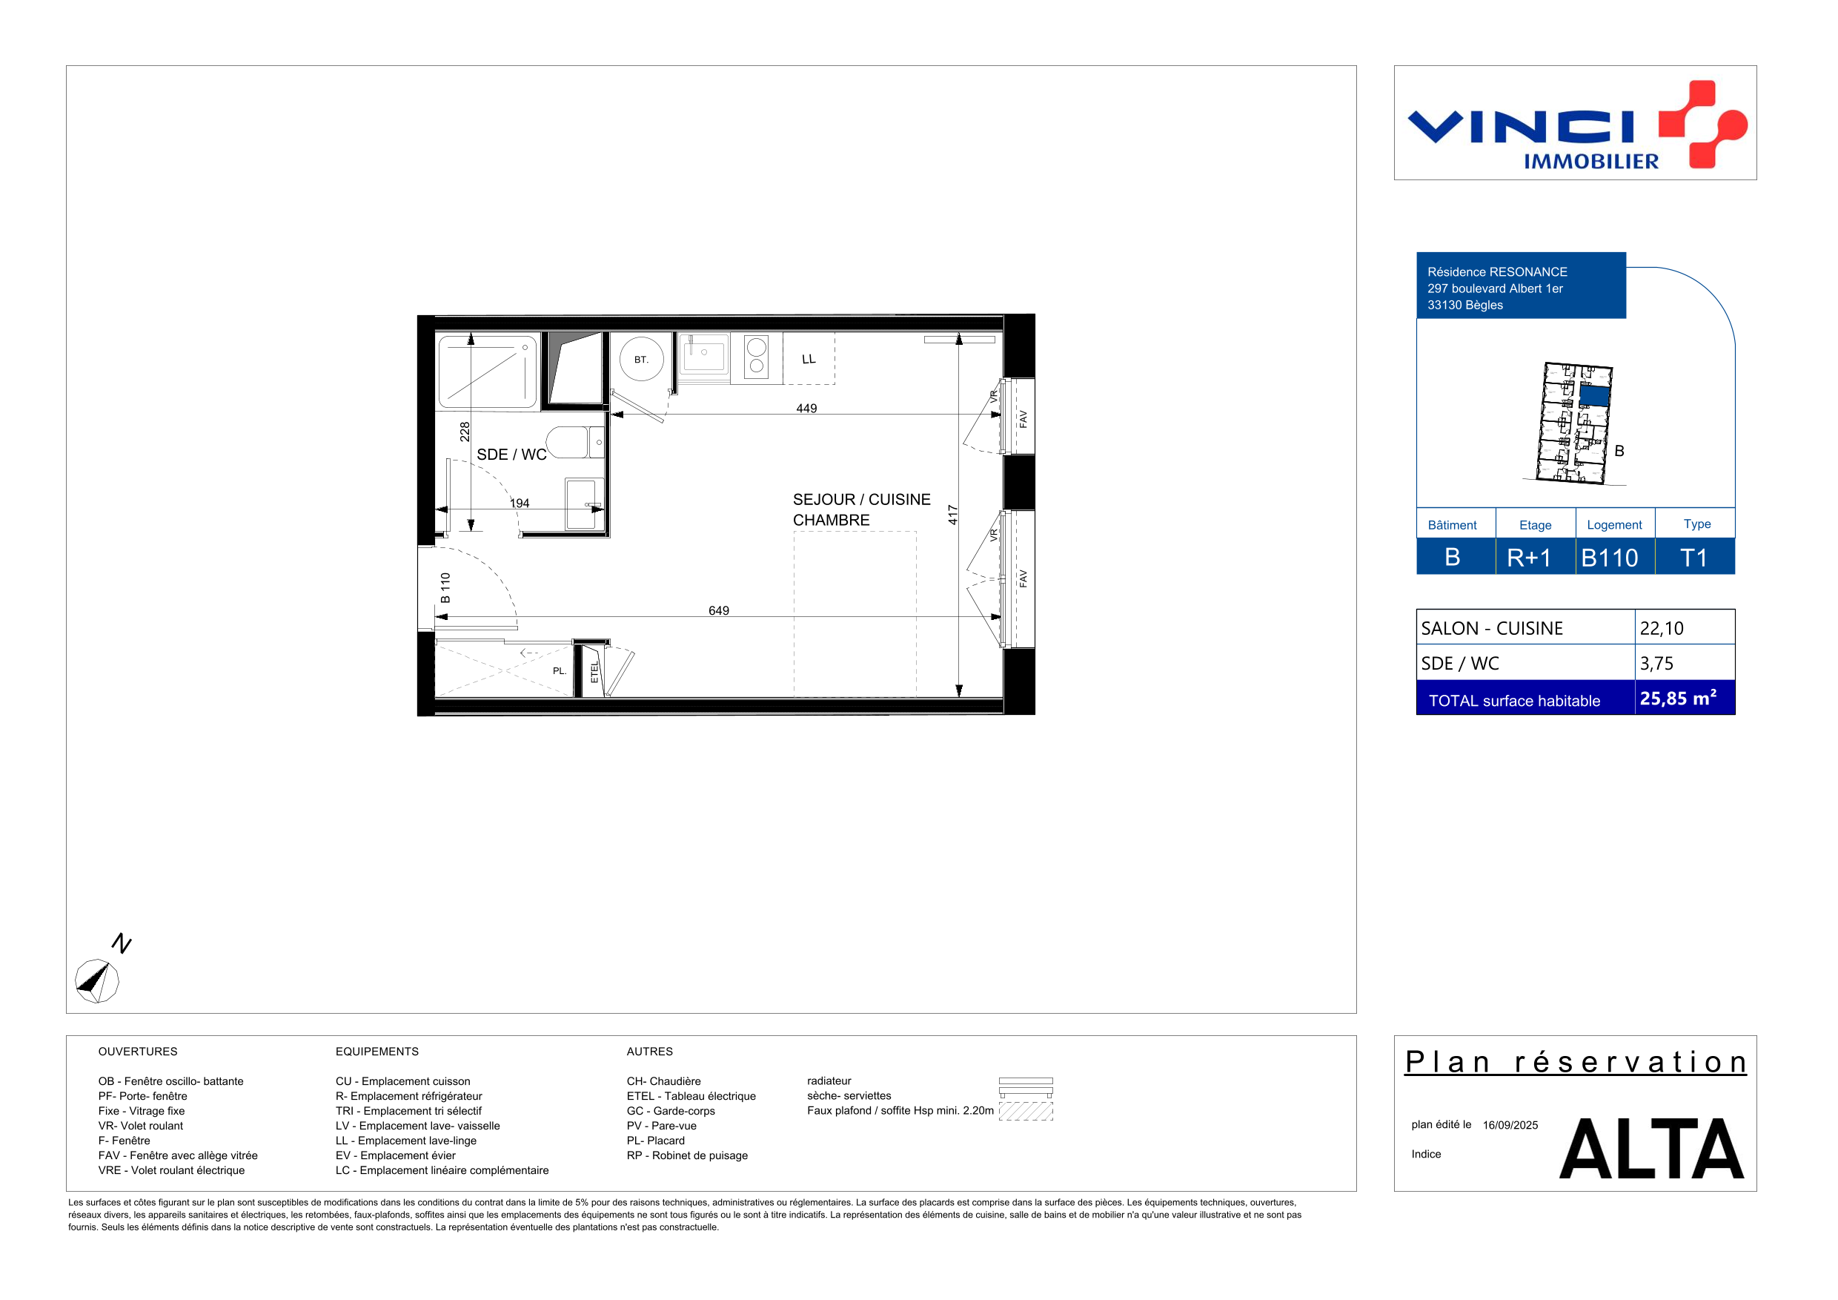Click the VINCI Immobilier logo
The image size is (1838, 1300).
(x=1576, y=124)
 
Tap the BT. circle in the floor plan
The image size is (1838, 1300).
(x=641, y=360)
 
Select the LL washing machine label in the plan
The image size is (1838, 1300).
(x=809, y=359)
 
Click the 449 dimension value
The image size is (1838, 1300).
(x=806, y=409)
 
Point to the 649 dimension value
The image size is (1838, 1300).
(x=719, y=610)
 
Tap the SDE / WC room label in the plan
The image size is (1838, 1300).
(x=511, y=454)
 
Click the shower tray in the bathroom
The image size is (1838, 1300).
(x=488, y=372)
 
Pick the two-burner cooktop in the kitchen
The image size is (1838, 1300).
(x=757, y=357)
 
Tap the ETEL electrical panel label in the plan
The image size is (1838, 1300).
(x=594, y=672)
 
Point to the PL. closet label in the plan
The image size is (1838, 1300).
(x=560, y=671)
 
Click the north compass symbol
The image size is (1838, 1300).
(x=97, y=980)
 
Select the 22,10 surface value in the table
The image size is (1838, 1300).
(x=1661, y=628)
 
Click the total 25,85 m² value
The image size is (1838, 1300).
(x=1678, y=698)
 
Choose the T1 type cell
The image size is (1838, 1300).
(x=1695, y=557)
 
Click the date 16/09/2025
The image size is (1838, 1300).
(x=1510, y=1126)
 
